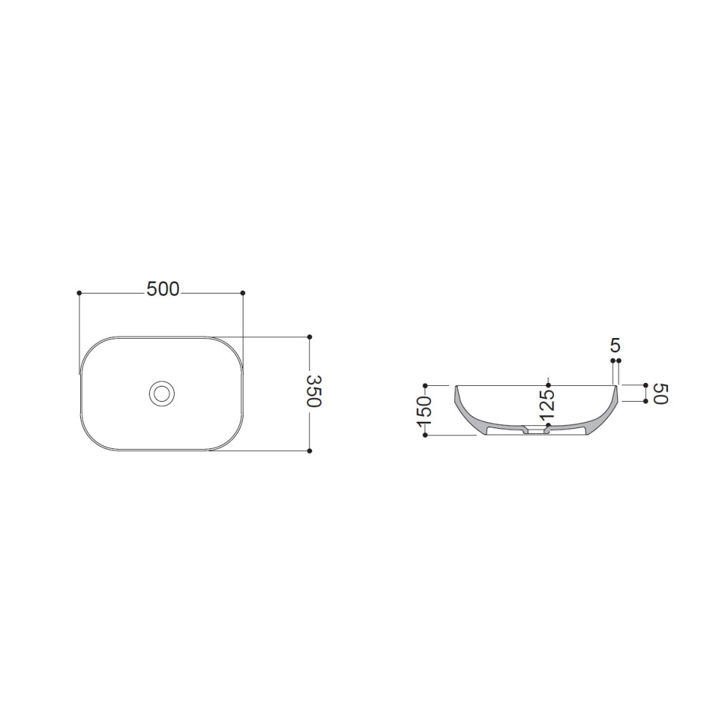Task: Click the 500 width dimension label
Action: (163, 289)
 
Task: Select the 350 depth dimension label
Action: (314, 391)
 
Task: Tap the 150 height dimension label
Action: (424, 412)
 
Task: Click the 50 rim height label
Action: (661, 394)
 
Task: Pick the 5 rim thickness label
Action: (616, 346)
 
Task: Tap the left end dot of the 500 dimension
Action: (79, 293)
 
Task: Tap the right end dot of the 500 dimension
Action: (243, 293)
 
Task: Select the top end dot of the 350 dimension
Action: (309, 337)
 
